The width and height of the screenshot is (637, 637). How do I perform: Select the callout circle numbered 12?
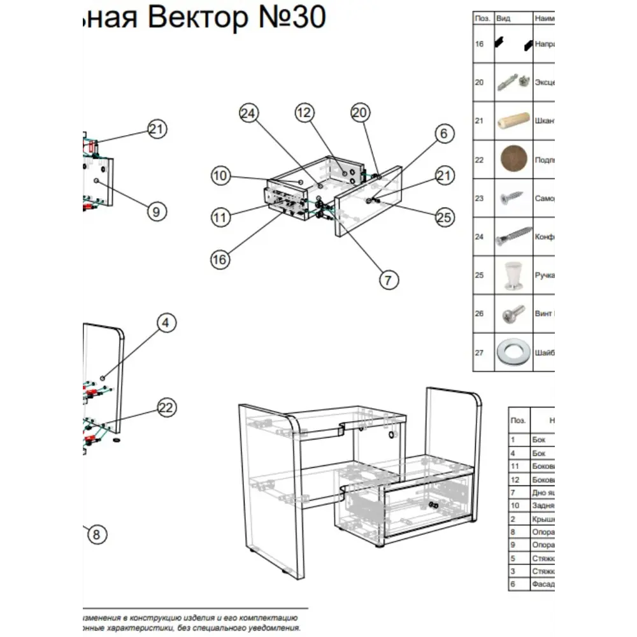(x=305, y=113)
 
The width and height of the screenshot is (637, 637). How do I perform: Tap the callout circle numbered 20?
(x=361, y=113)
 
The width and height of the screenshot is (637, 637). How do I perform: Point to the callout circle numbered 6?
(x=445, y=133)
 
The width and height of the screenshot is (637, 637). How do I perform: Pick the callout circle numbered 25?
(x=445, y=217)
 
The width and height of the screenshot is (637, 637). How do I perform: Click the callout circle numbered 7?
(x=389, y=279)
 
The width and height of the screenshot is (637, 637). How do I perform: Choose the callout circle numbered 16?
(x=220, y=259)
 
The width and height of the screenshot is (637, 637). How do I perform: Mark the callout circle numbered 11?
(x=220, y=217)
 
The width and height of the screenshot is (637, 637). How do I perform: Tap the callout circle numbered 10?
(x=220, y=175)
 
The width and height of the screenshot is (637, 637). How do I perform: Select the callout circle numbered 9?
(x=157, y=211)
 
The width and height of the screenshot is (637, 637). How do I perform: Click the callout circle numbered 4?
(x=166, y=323)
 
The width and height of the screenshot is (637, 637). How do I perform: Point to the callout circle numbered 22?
(x=166, y=408)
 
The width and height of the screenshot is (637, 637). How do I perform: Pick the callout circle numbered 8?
(x=96, y=534)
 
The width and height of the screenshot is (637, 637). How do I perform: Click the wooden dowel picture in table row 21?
(x=513, y=121)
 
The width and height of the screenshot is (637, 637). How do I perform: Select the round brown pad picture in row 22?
(x=513, y=159)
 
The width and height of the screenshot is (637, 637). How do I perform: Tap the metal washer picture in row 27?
(x=513, y=352)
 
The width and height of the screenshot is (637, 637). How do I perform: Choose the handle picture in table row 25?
(x=513, y=275)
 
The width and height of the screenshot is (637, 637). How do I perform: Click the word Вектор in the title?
(x=196, y=18)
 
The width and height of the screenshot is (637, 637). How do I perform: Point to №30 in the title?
(x=290, y=18)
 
